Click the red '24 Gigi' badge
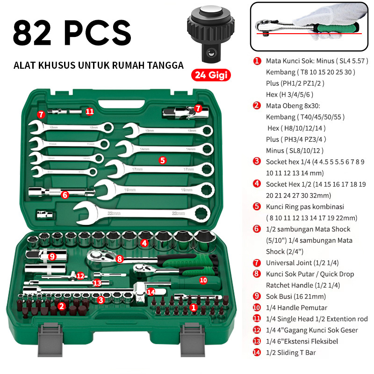point(211,75)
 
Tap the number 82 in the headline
point(32,33)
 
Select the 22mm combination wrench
point(142,213)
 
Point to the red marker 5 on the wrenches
point(162,160)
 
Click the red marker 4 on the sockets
point(144,243)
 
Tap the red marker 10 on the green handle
point(203,280)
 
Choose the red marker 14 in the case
point(151,291)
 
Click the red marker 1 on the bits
point(194,308)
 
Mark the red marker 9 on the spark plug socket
point(52,257)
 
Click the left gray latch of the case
point(50,339)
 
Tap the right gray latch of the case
point(192,339)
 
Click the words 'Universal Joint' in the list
point(289,263)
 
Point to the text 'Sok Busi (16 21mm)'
point(296,296)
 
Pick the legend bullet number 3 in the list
point(257,161)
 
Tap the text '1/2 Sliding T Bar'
point(291,352)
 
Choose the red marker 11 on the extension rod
point(90,111)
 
